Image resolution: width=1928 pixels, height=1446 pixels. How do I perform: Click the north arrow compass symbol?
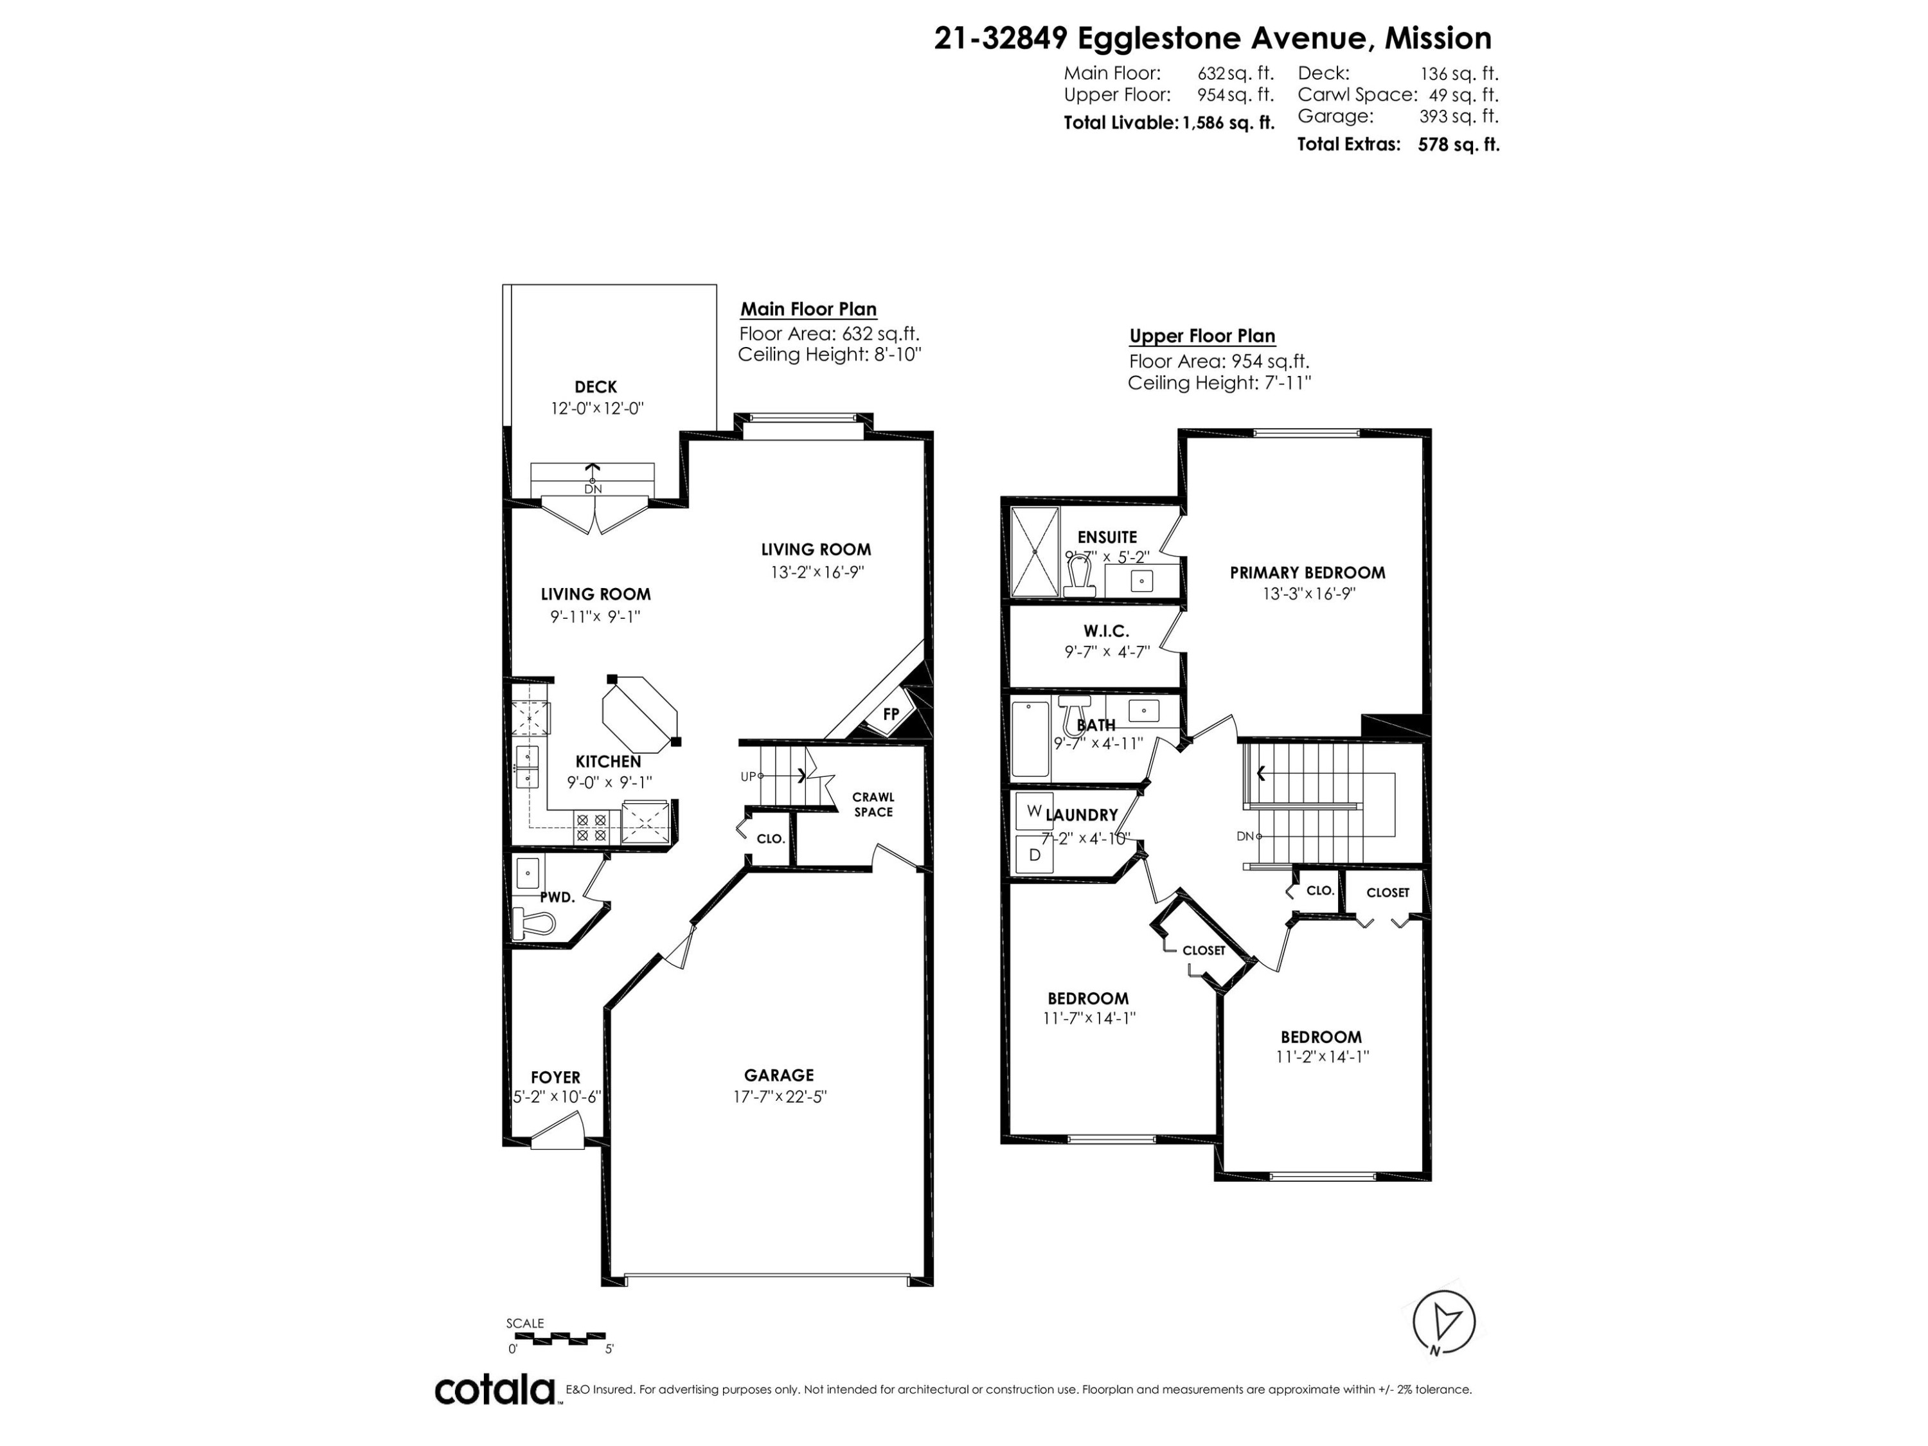tap(1443, 1322)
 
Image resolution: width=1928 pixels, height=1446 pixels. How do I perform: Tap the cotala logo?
tap(495, 1389)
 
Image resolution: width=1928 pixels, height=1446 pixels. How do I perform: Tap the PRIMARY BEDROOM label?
tap(1307, 573)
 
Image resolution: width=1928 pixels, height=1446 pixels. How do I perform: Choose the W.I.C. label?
tap(1106, 630)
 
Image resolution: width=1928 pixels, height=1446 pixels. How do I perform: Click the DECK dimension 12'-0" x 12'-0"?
tap(596, 408)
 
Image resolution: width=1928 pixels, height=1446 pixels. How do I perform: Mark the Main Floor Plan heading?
tap(808, 309)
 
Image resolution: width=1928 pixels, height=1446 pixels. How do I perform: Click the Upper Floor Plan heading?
tap(1202, 337)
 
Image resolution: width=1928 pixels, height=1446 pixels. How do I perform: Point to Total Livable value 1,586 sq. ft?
tap(1228, 123)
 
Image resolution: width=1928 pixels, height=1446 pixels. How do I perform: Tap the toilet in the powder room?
tap(536, 922)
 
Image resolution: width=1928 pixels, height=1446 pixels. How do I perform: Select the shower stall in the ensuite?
tap(1033, 551)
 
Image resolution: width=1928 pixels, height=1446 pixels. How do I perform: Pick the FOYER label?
tap(555, 1077)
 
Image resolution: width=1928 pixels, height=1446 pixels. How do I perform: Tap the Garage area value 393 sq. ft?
tap(1458, 116)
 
